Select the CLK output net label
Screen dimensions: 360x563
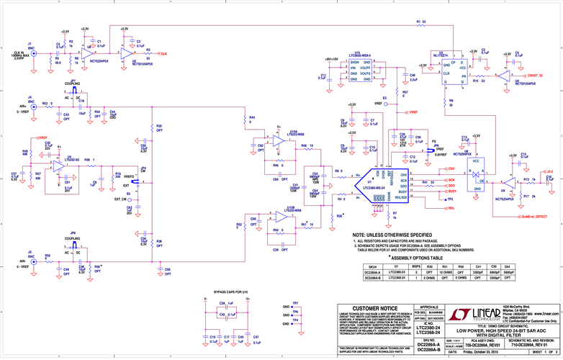pos(163,54)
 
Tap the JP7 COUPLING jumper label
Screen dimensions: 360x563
pos(73,83)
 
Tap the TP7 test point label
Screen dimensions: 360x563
pos(295,303)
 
